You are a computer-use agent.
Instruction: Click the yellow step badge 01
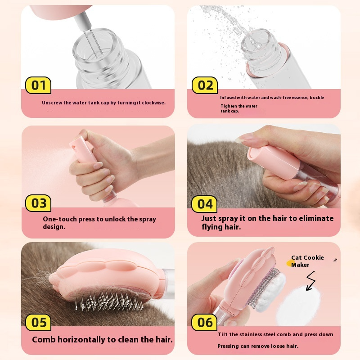coord(38,85)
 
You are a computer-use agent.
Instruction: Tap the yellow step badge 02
coord(205,85)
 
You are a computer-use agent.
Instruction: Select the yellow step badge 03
coord(38,203)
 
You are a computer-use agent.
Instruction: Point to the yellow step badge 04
coord(205,204)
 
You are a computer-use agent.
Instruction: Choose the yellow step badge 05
coord(38,322)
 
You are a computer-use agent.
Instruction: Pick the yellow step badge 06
coord(205,322)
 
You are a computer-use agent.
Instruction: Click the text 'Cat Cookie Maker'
coord(307,261)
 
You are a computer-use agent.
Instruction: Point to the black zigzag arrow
coord(310,280)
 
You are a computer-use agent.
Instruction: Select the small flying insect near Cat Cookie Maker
coord(335,260)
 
